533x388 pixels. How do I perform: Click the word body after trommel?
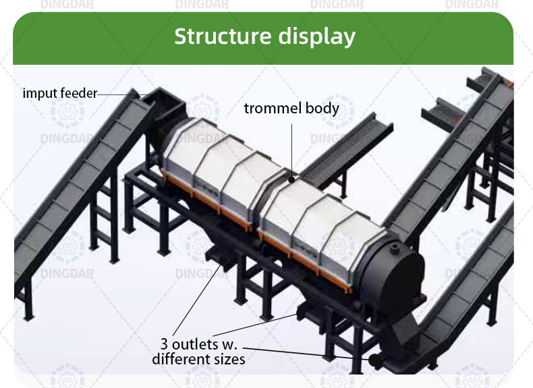click(321, 108)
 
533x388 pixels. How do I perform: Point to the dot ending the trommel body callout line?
click(291, 179)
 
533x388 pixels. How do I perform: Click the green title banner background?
click(101, 37)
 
